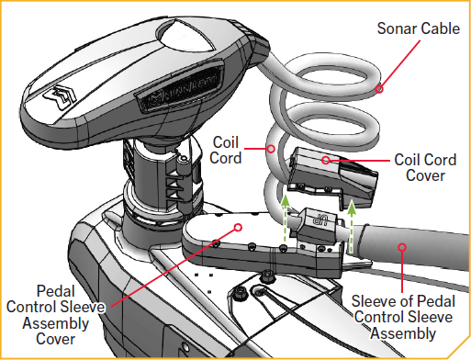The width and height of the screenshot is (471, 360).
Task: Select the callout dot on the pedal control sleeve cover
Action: tap(237, 226)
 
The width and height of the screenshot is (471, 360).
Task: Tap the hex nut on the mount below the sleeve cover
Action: tap(267, 276)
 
